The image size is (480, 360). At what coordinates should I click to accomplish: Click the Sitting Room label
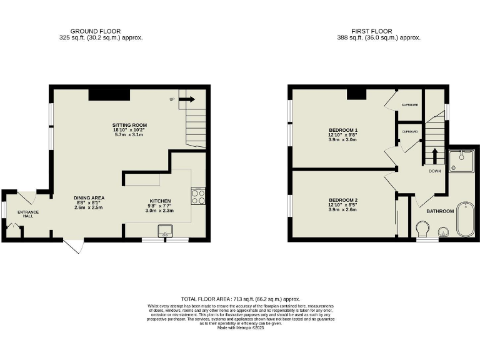coord(130,126)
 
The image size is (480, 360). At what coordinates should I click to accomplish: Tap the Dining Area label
coord(89,198)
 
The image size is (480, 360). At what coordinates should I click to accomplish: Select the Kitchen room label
coord(159,202)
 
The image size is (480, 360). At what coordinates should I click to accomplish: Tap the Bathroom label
coord(439,211)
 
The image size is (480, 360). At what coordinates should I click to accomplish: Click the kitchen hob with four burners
coord(198,197)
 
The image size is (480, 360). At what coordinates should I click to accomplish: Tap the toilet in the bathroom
coord(423,232)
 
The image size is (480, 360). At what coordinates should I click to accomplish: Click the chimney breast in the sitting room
coord(109,94)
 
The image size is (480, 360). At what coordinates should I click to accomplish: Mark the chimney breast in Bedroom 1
coord(356,94)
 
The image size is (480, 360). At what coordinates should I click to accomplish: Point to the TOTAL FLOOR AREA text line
coord(241,299)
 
